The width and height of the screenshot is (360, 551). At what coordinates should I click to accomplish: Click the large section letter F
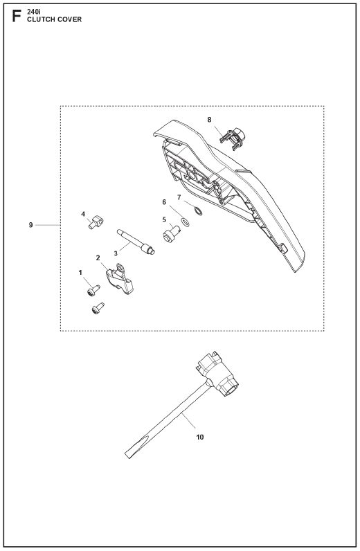[17, 16]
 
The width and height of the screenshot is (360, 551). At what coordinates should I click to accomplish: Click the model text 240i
[34, 12]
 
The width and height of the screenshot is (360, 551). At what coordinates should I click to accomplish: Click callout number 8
[210, 120]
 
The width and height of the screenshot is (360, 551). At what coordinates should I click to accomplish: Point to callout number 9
[31, 224]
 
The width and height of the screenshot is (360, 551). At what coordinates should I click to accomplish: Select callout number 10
[199, 437]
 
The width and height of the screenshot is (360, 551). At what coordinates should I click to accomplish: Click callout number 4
[83, 214]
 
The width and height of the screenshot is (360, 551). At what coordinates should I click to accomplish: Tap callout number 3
[116, 253]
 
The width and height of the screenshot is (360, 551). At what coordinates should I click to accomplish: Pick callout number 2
[98, 258]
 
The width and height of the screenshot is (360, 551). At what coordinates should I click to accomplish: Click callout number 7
[179, 197]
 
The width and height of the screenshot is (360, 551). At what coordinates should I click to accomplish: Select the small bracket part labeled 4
[96, 223]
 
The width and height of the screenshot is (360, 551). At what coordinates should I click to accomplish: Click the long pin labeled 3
[136, 242]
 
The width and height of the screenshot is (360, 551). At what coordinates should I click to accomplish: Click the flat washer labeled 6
[185, 222]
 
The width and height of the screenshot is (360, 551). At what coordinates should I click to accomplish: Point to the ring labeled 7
[198, 212]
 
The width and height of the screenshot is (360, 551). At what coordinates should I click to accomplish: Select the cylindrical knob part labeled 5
[172, 234]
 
